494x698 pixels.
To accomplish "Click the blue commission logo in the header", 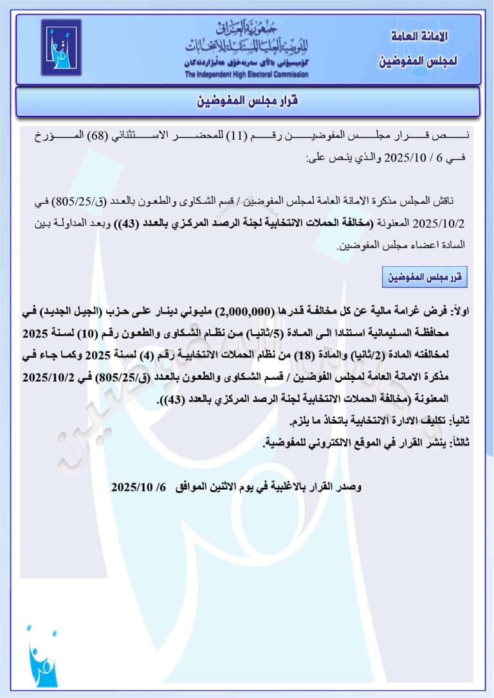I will click(x=62, y=48).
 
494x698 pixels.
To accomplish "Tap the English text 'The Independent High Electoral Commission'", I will click(x=246, y=75).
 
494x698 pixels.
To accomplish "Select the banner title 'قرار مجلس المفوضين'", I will click(x=247, y=102).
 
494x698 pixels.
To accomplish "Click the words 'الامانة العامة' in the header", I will click(x=420, y=37).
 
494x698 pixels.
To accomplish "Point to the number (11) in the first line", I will click(x=235, y=137).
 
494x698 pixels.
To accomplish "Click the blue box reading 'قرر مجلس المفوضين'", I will click(x=425, y=277).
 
